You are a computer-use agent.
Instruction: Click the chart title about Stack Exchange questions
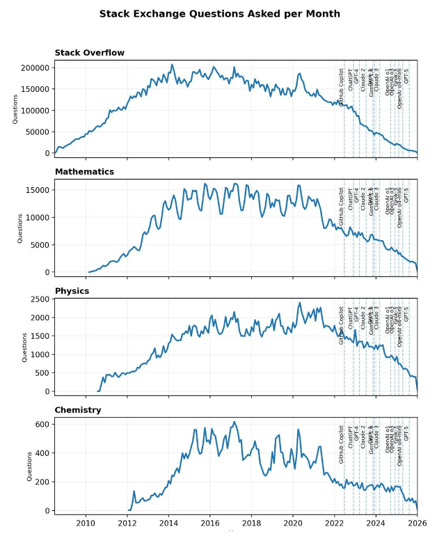pos(219,13)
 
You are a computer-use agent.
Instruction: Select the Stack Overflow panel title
pos(90,53)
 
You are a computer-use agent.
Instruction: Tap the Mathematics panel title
pos(84,171)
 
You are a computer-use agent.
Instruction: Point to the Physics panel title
pos(72,291)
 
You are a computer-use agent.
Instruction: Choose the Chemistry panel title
pos(78,410)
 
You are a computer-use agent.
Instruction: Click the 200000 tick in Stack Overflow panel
pos(35,68)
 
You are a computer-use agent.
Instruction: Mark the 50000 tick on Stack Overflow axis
pos(38,132)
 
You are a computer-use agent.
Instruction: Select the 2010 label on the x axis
pos(86,522)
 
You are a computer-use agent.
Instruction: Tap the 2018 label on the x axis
pos(252,522)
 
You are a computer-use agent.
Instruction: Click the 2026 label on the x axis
pos(417,522)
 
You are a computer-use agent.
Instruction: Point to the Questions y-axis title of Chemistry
pos(29,466)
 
